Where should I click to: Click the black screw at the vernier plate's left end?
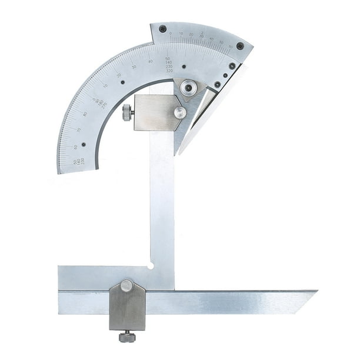163,29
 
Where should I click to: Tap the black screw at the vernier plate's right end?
240,46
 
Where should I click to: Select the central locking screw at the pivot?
188,88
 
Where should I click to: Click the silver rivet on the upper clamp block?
180,112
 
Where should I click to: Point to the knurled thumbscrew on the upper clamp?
127,112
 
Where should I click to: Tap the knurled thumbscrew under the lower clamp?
127,336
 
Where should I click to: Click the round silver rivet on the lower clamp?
126,286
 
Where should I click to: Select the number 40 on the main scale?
151,61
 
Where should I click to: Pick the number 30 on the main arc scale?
134,67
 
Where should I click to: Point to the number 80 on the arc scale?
86,114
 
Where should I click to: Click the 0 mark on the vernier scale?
171,34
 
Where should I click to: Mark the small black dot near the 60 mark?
84,144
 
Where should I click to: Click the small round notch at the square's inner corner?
151,265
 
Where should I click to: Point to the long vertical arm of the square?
162,206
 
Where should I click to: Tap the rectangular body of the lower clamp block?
127,309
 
